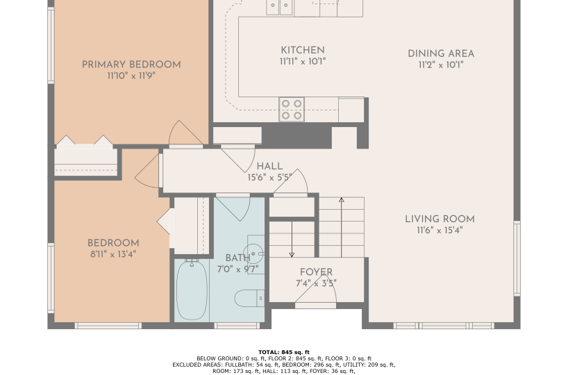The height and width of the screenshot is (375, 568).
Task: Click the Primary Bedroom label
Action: point(131,65)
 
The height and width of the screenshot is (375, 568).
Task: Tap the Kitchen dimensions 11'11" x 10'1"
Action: point(303,62)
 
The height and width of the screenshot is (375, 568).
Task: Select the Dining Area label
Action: point(441,53)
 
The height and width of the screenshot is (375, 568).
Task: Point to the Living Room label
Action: point(440,219)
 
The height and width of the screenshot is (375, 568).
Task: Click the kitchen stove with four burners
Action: point(292,110)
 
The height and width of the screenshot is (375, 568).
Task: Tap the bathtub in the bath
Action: point(192,290)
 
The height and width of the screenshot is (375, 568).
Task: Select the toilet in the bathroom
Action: point(249,298)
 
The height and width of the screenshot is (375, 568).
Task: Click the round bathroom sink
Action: point(253,253)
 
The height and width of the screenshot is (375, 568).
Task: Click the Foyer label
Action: point(316,272)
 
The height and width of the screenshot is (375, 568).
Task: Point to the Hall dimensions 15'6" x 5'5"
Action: point(270,178)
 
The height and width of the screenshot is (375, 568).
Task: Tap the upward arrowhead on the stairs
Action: point(341,199)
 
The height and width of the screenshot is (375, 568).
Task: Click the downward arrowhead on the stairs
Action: point(292,255)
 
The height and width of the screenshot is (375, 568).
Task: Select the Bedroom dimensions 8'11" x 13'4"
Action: point(113,254)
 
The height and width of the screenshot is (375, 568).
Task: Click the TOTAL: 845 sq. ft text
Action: point(284,352)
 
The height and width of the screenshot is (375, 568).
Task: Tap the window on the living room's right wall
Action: point(517,258)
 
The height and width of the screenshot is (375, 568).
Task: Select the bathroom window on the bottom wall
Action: point(237,326)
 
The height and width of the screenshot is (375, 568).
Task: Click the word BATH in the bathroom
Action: point(237,258)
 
